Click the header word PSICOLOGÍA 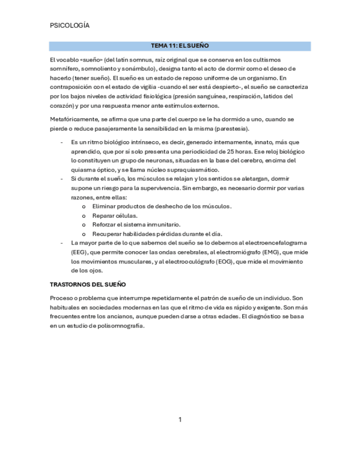(69, 25)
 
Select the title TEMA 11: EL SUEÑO (180, 46)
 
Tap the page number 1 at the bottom (180, 420)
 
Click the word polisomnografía (119, 326)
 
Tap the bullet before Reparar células (84, 215)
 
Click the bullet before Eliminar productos (84, 206)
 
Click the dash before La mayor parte (62, 242)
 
